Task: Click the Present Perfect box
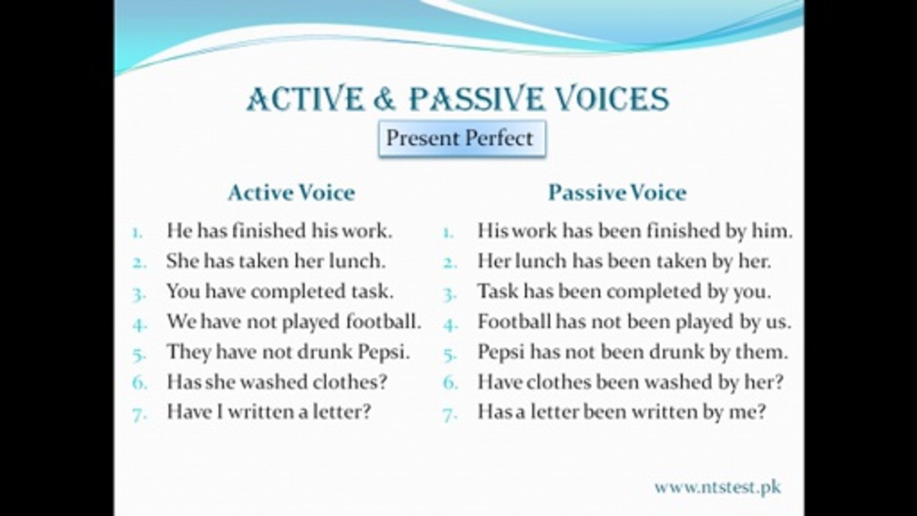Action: (x=461, y=139)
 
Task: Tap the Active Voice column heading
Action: (x=291, y=193)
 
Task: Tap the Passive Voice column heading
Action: (x=617, y=193)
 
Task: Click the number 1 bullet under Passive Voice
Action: (x=448, y=234)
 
